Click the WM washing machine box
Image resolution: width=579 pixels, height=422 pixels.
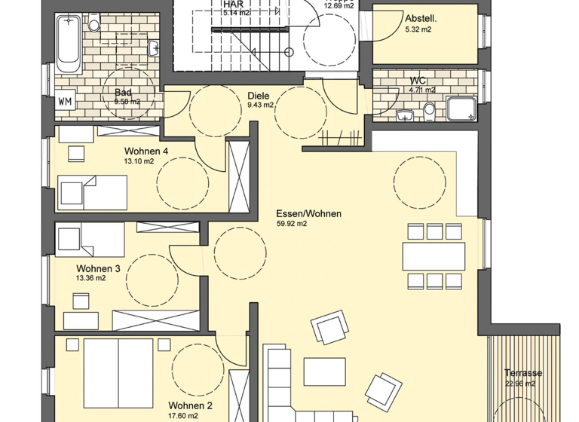pyautogui.click(x=66, y=102)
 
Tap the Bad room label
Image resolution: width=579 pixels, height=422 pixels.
pyautogui.click(x=124, y=92)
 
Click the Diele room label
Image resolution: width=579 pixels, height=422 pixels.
pyautogui.click(x=258, y=96)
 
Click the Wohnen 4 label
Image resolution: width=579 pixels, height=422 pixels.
pyautogui.click(x=146, y=151)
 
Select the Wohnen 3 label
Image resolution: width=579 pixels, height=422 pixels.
pyautogui.click(x=98, y=268)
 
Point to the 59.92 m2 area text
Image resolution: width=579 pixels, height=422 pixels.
pyautogui.click(x=292, y=224)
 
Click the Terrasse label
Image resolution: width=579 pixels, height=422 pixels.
pyautogui.click(x=523, y=373)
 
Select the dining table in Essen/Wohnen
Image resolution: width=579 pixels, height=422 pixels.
pyautogui.click(x=433, y=256)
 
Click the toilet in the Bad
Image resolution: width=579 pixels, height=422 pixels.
pyautogui.click(x=94, y=23)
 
